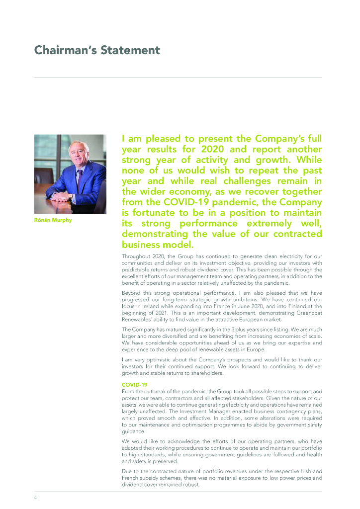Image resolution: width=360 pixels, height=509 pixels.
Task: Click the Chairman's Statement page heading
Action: [x=97, y=50]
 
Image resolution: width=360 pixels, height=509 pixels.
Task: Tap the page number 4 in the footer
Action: [x=35, y=497]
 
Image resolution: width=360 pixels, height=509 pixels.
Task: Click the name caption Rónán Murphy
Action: [x=53, y=220]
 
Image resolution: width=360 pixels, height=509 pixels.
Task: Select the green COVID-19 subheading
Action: [x=134, y=385]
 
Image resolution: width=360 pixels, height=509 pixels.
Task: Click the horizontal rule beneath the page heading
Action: [x=178, y=78]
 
